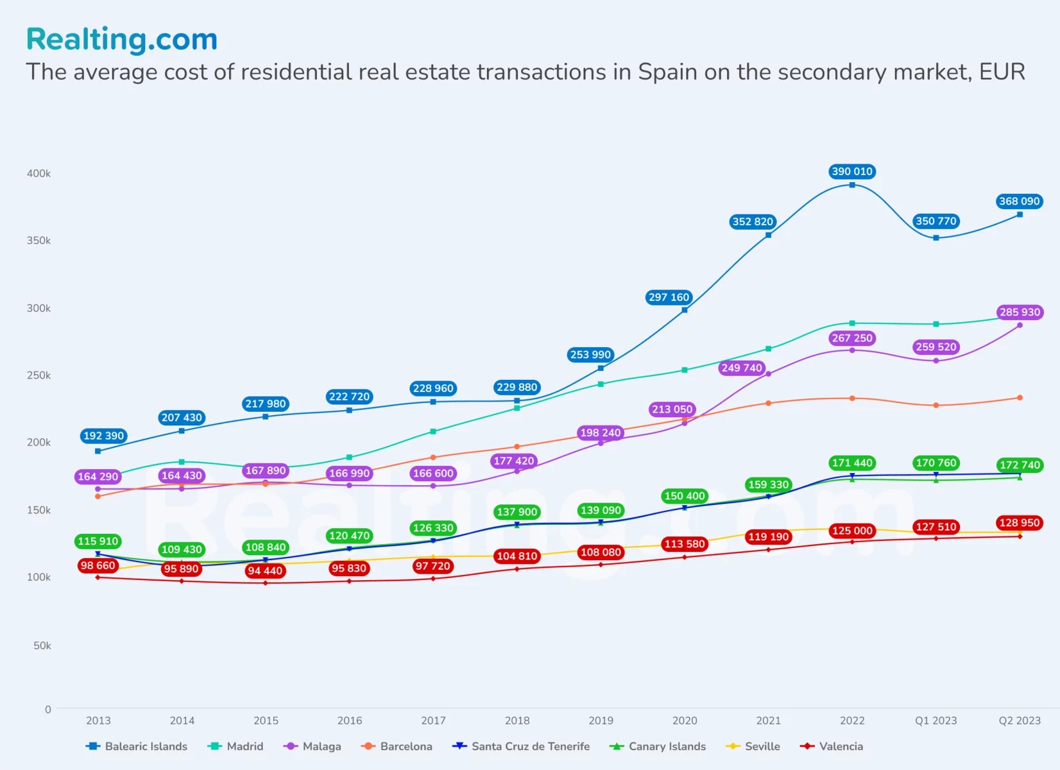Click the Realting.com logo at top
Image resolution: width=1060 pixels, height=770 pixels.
[x=122, y=39]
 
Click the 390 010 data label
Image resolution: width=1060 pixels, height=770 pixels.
[x=851, y=171]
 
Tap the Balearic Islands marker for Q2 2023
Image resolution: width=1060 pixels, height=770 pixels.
[x=1020, y=214]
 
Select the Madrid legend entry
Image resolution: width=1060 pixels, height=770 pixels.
[x=237, y=746]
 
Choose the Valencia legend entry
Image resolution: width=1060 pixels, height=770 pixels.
[x=832, y=746]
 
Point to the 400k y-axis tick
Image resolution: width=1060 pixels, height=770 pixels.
[x=38, y=173]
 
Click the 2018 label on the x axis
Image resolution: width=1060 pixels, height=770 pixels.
[x=517, y=721]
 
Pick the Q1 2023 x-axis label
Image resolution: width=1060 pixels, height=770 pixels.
[x=936, y=721]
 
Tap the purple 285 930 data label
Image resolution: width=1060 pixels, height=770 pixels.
[x=1020, y=312]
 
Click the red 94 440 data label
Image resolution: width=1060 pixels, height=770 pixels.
[x=265, y=570]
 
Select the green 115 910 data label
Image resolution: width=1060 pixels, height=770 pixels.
[x=98, y=541]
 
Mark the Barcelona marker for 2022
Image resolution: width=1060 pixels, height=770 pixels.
[x=852, y=398]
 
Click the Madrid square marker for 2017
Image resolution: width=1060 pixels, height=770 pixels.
[x=433, y=431]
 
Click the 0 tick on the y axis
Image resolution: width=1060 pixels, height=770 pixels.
[x=47, y=709]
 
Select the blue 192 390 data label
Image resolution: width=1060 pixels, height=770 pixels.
[x=103, y=436]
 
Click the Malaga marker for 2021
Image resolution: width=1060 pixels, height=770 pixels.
[x=768, y=373]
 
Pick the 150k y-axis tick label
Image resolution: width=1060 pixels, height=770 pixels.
[x=38, y=510]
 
